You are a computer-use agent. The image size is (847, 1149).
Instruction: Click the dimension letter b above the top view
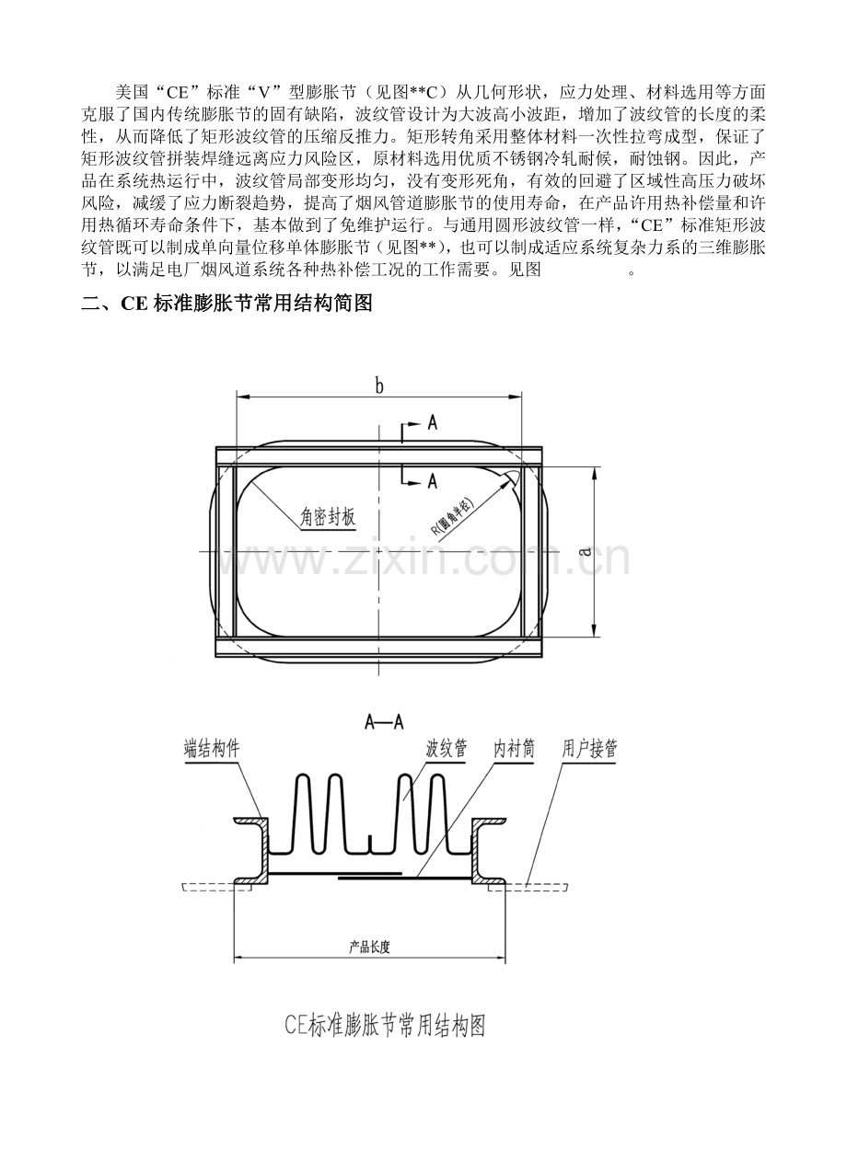[x=378, y=385]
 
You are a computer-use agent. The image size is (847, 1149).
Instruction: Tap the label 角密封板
[x=328, y=517]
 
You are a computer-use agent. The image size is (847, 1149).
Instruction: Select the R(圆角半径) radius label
[x=453, y=516]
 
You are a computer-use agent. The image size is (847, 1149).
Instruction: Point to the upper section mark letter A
[x=432, y=423]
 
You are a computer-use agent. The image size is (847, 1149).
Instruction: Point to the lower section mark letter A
[x=432, y=481]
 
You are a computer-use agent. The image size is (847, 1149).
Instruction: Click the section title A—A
[x=384, y=722]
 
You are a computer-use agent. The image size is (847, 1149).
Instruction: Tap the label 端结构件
[x=212, y=749]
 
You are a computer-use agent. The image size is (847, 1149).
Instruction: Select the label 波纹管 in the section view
[x=447, y=749]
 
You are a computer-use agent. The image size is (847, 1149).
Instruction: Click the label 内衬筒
[x=514, y=749]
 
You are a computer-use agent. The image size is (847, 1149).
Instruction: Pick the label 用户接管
[x=589, y=749]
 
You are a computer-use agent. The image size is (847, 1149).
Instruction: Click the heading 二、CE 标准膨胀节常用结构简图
[x=226, y=304]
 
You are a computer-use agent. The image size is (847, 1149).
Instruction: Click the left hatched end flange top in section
[x=250, y=821]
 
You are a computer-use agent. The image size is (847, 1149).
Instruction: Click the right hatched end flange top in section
[x=489, y=821]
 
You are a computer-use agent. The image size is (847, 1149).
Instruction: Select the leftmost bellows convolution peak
[x=303, y=776]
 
